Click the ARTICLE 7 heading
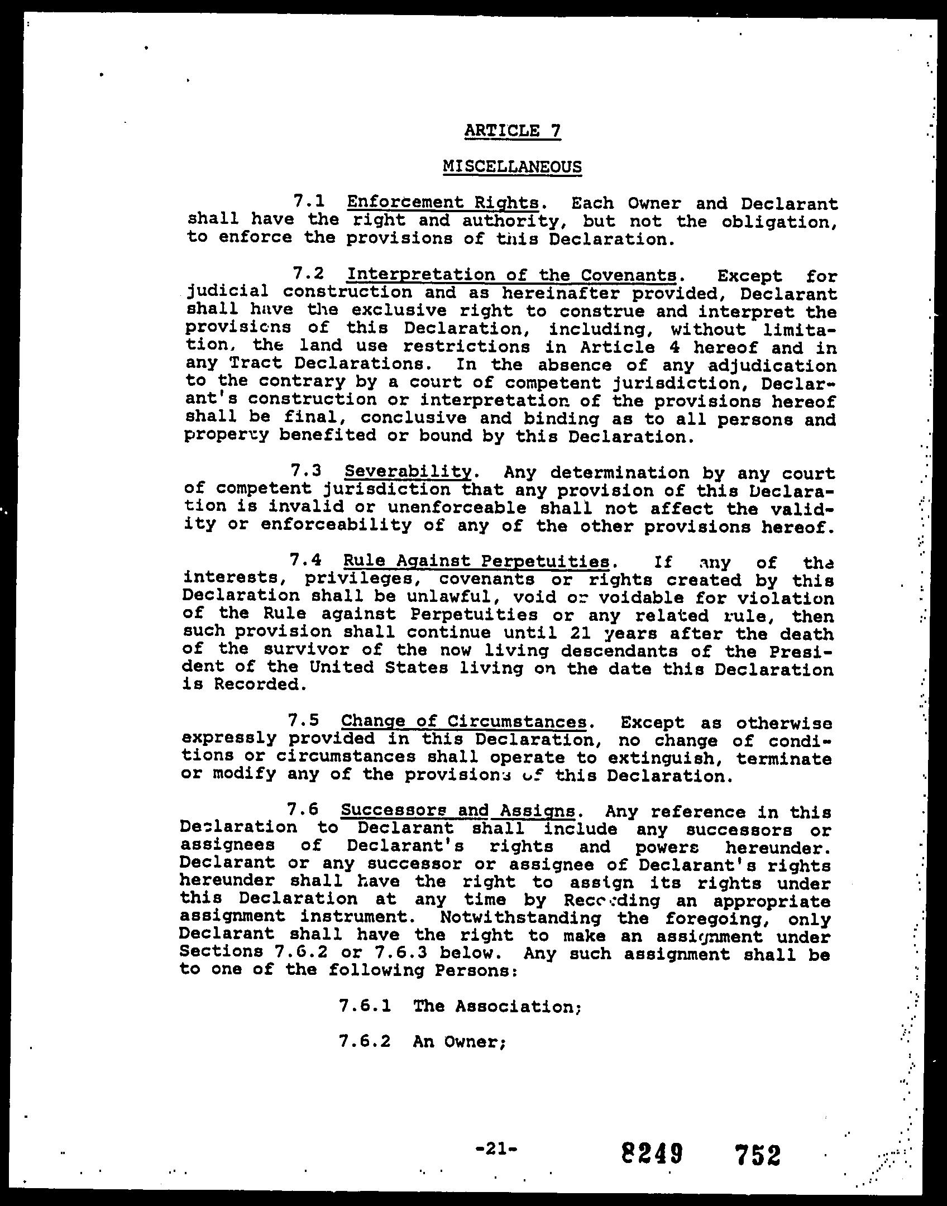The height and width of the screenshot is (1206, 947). [x=512, y=131]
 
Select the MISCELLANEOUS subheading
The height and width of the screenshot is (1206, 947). [x=512, y=166]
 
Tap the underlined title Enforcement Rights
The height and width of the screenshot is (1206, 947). [x=443, y=202]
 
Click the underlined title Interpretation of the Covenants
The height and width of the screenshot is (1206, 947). [x=511, y=275]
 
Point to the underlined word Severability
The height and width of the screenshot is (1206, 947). [x=408, y=472]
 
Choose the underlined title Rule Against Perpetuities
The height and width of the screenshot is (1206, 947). [x=476, y=561]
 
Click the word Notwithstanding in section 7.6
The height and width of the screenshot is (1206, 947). [x=520, y=917]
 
